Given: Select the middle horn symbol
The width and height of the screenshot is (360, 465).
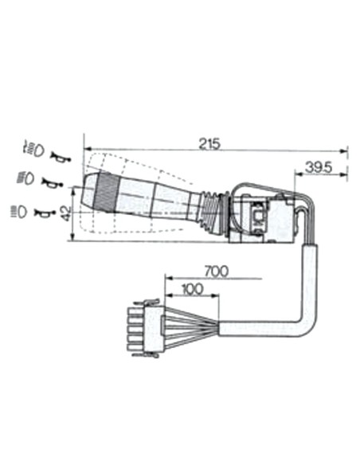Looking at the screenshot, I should click(51, 184).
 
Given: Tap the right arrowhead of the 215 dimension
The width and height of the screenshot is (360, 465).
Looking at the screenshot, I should click(345, 150).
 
